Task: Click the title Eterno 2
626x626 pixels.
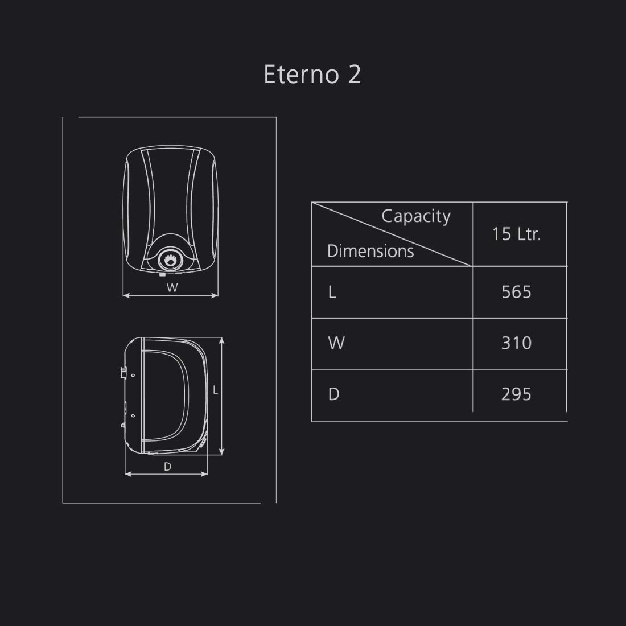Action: [x=312, y=75]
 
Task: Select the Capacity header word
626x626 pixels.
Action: [x=415, y=216]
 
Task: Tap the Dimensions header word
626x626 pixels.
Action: [x=370, y=251]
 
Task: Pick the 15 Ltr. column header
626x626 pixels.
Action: [x=516, y=234]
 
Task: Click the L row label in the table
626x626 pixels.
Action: [x=332, y=292]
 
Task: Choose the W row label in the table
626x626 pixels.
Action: [x=336, y=343]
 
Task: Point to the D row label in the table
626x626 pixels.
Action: [x=333, y=394]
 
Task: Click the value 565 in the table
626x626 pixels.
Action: [x=516, y=292]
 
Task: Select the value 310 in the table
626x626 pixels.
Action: [x=516, y=343]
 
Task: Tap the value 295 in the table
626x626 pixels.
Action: [x=516, y=394]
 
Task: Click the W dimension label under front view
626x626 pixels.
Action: [x=172, y=288]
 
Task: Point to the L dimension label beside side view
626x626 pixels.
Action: [x=215, y=390]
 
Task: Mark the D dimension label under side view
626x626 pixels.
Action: [x=167, y=467]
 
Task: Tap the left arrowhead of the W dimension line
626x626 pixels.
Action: [x=126, y=295]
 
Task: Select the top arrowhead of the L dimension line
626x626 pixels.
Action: [x=221, y=340]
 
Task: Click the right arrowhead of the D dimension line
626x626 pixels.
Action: [x=207, y=473]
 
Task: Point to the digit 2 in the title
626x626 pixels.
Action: [x=354, y=75]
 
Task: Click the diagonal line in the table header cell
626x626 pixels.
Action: [x=392, y=234]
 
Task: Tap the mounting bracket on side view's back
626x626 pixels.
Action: [x=122, y=373]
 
